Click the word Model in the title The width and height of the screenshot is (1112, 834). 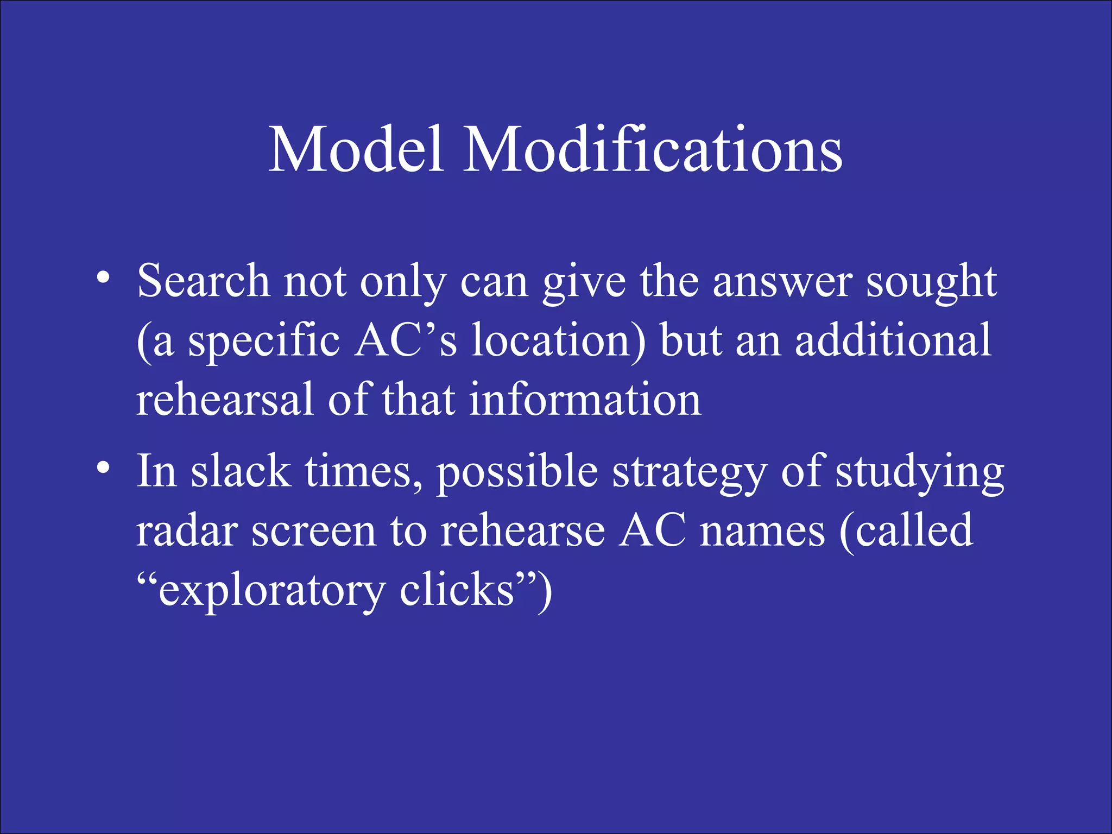356,149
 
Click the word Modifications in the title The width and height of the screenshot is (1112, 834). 652,149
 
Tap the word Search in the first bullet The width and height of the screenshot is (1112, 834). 203,281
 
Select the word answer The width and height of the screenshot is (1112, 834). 782,283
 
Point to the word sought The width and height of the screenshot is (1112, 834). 931,283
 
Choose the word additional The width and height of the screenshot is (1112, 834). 894,340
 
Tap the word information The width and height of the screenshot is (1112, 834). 585,399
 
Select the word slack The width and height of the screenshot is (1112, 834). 241,471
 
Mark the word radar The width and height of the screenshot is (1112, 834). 187,530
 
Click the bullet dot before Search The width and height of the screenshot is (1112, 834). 103,279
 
